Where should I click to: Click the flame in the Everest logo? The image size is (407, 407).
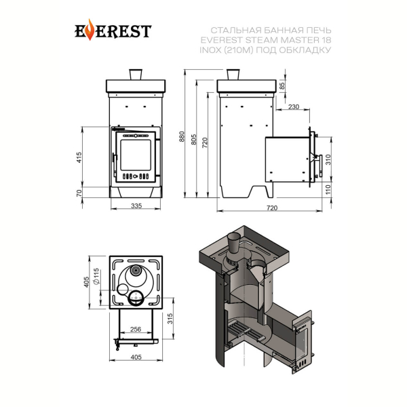pos(90,30)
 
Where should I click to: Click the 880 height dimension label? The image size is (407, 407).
pos(182,136)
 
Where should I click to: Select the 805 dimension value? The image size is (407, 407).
pos(194,139)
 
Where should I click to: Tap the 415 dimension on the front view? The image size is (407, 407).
pos(79,157)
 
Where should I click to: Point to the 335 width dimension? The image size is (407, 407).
pos(136,206)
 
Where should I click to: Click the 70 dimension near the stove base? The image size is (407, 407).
pos(79,193)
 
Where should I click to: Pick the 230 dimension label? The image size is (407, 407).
pos(294,106)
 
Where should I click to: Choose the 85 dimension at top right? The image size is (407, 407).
pos(282,85)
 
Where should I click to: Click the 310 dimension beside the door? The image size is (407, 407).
pos(328,159)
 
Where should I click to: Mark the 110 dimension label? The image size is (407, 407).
pos(328,189)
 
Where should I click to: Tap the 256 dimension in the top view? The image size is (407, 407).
pos(136,329)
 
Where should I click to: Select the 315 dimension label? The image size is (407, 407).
pos(170,319)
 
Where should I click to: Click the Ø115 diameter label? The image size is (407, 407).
pos(96,276)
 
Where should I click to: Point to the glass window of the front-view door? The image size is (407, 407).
pos(136,155)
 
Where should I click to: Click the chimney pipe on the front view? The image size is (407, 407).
pos(136,75)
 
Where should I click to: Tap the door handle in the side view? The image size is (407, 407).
pos(320,166)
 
